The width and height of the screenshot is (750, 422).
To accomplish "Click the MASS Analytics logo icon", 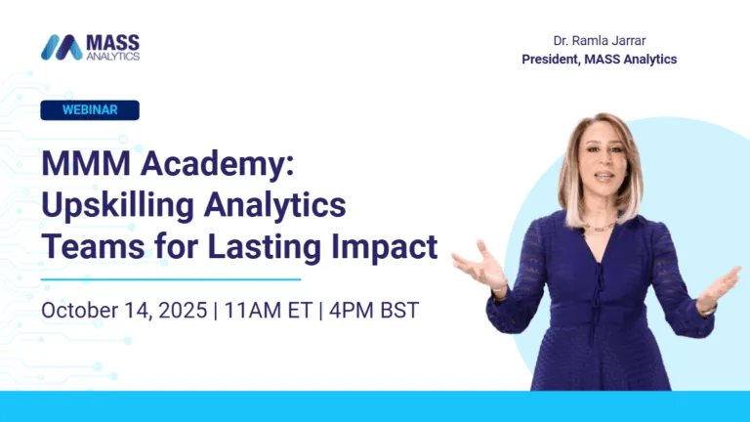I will pyautogui.click(x=62, y=47).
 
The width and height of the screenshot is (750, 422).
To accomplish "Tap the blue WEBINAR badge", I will pyautogui.click(x=90, y=110).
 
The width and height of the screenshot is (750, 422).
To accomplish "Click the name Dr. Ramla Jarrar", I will pyautogui.click(x=599, y=41).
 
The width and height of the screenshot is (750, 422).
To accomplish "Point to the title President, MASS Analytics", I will pyautogui.click(x=599, y=60).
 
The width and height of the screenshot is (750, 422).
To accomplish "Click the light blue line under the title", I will pyautogui.click(x=171, y=279).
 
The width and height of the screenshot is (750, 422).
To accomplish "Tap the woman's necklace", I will pyautogui.click(x=599, y=227).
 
